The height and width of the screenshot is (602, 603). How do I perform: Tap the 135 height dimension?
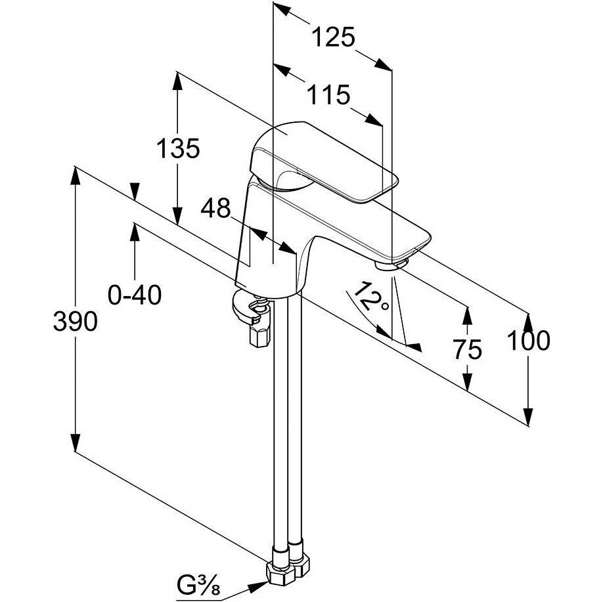point(177,149)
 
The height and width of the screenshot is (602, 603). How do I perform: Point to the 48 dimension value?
point(216,209)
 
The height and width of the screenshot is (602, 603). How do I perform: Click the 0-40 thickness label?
point(135,296)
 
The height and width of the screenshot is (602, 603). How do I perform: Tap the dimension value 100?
point(528,340)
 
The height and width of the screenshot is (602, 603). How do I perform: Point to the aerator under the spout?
point(392,264)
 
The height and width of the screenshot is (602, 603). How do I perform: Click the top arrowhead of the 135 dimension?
point(177,79)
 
